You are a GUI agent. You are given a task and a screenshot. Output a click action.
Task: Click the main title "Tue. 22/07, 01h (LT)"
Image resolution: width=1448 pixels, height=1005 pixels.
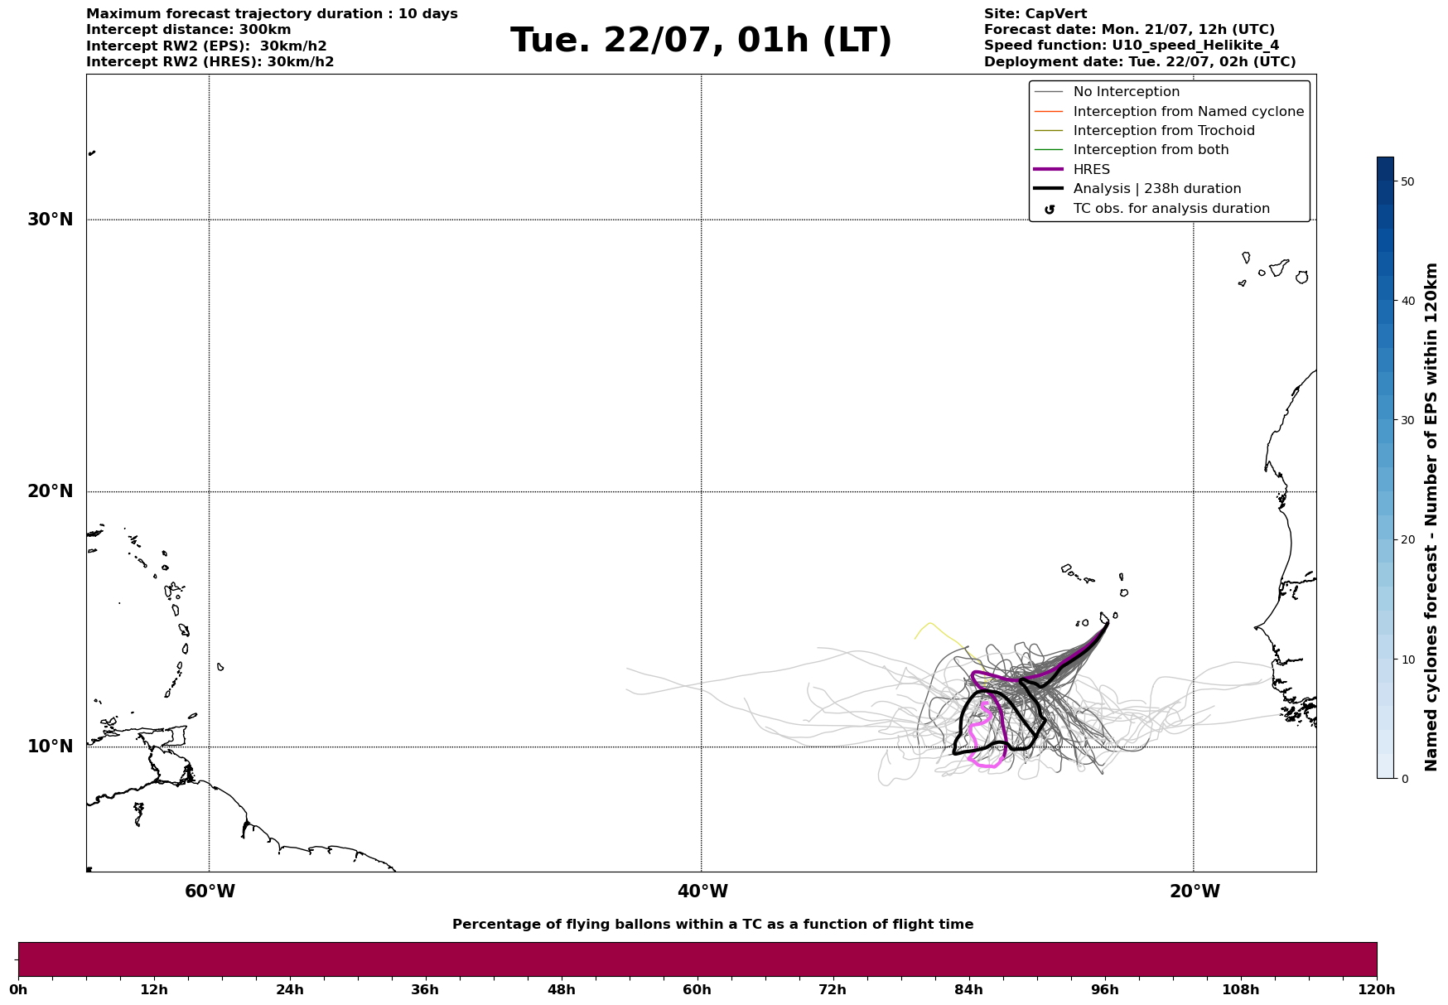pyautogui.click(x=701, y=41)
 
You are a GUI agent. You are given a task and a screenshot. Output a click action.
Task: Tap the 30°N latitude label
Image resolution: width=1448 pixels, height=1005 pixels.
pyautogui.click(x=50, y=220)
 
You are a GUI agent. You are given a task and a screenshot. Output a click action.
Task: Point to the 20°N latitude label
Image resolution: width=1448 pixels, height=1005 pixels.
pyautogui.click(x=50, y=491)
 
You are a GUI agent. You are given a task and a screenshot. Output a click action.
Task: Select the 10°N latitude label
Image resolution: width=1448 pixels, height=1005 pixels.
pyautogui.click(x=50, y=747)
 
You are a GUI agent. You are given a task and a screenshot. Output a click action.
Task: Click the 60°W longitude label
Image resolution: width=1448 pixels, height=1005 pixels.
pyautogui.click(x=210, y=891)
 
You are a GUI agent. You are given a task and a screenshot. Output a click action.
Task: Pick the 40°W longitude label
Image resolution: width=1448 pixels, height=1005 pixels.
pyautogui.click(x=702, y=891)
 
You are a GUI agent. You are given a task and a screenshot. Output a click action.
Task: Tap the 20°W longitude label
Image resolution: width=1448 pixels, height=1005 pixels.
pyautogui.click(x=1195, y=891)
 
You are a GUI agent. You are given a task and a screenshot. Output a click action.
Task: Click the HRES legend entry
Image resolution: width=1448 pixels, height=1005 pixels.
pyautogui.click(x=1091, y=170)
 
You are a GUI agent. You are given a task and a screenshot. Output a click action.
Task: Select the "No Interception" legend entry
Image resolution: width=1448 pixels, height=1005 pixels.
pyautogui.click(x=1126, y=92)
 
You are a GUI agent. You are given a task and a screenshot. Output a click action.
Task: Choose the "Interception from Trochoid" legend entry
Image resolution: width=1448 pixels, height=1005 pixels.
pyautogui.click(x=1163, y=131)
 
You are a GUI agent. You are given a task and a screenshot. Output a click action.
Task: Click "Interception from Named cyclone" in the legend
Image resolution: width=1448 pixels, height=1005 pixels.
pyautogui.click(x=1188, y=112)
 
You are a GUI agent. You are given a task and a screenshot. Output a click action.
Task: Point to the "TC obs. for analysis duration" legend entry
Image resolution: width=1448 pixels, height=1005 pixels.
pyautogui.click(x=1170, y=209)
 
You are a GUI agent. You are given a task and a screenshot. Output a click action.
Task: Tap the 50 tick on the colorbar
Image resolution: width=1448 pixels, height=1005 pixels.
pyautogui.click(x=1407, y=181)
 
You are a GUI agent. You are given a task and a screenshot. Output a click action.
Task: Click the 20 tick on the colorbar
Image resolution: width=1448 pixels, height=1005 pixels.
pyautogui.click(x=1407, y=540)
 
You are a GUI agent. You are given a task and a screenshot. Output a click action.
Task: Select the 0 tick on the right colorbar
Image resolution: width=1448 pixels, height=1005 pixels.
pyautogui.click(x=1405, y=779)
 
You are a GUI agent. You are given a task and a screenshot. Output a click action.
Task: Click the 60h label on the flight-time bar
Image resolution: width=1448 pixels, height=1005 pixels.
pyautogui.click(x=697, y=990)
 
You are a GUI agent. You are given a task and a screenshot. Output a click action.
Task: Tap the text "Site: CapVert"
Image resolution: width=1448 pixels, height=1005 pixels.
pyautogui.click(x=1035, y=14)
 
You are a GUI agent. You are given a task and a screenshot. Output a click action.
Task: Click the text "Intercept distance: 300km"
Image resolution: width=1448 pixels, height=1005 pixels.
pyautogui.click(x=188, y=30)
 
